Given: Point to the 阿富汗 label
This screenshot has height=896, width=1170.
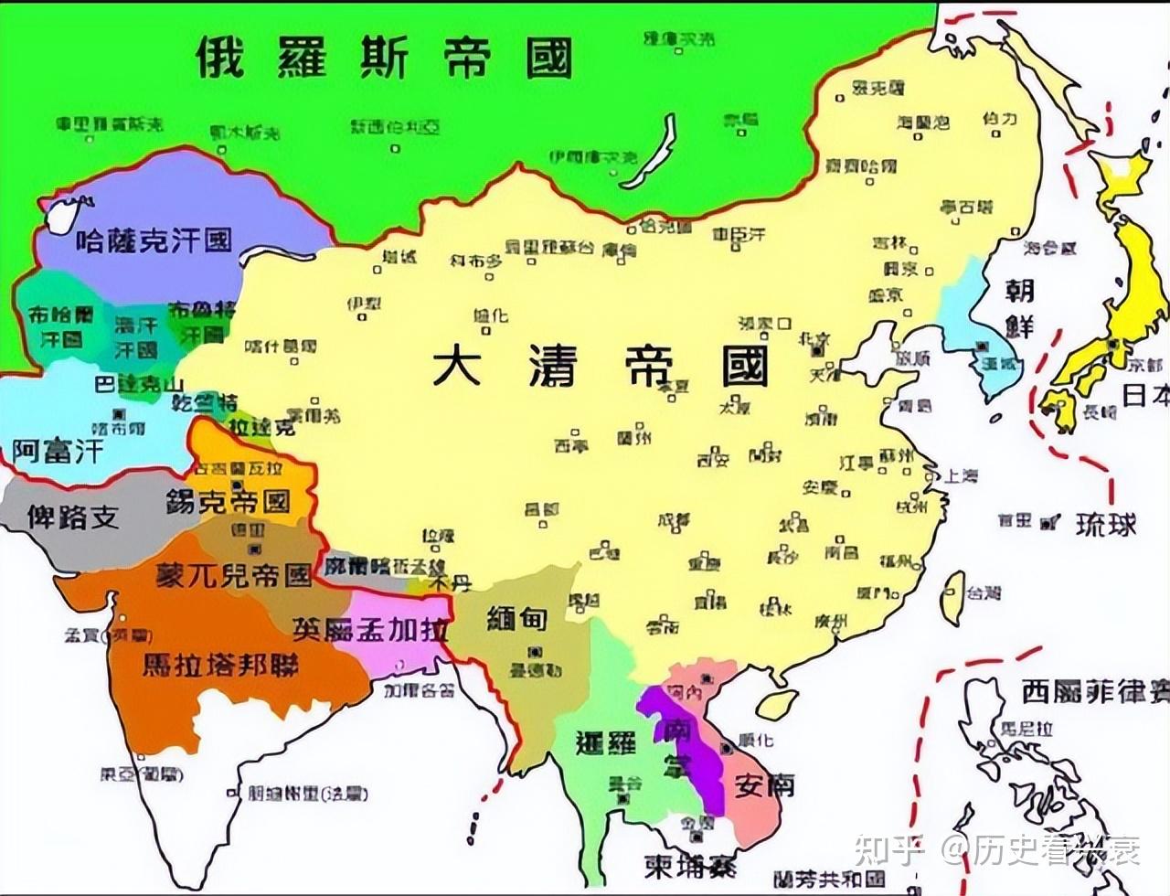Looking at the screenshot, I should coord(58,450).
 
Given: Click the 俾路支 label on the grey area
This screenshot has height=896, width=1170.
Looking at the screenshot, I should coord(73,517).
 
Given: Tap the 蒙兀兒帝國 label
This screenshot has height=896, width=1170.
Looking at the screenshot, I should coord(233,574).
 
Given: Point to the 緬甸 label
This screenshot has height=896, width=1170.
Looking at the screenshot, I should coord(517,619).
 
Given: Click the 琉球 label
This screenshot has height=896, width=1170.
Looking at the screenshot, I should coord(1106,526).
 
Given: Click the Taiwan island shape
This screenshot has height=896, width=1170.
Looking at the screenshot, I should coord(952,596).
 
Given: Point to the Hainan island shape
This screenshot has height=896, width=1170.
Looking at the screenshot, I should coord(776,702).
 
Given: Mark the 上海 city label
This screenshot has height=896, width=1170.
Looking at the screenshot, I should coord(961,475).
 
